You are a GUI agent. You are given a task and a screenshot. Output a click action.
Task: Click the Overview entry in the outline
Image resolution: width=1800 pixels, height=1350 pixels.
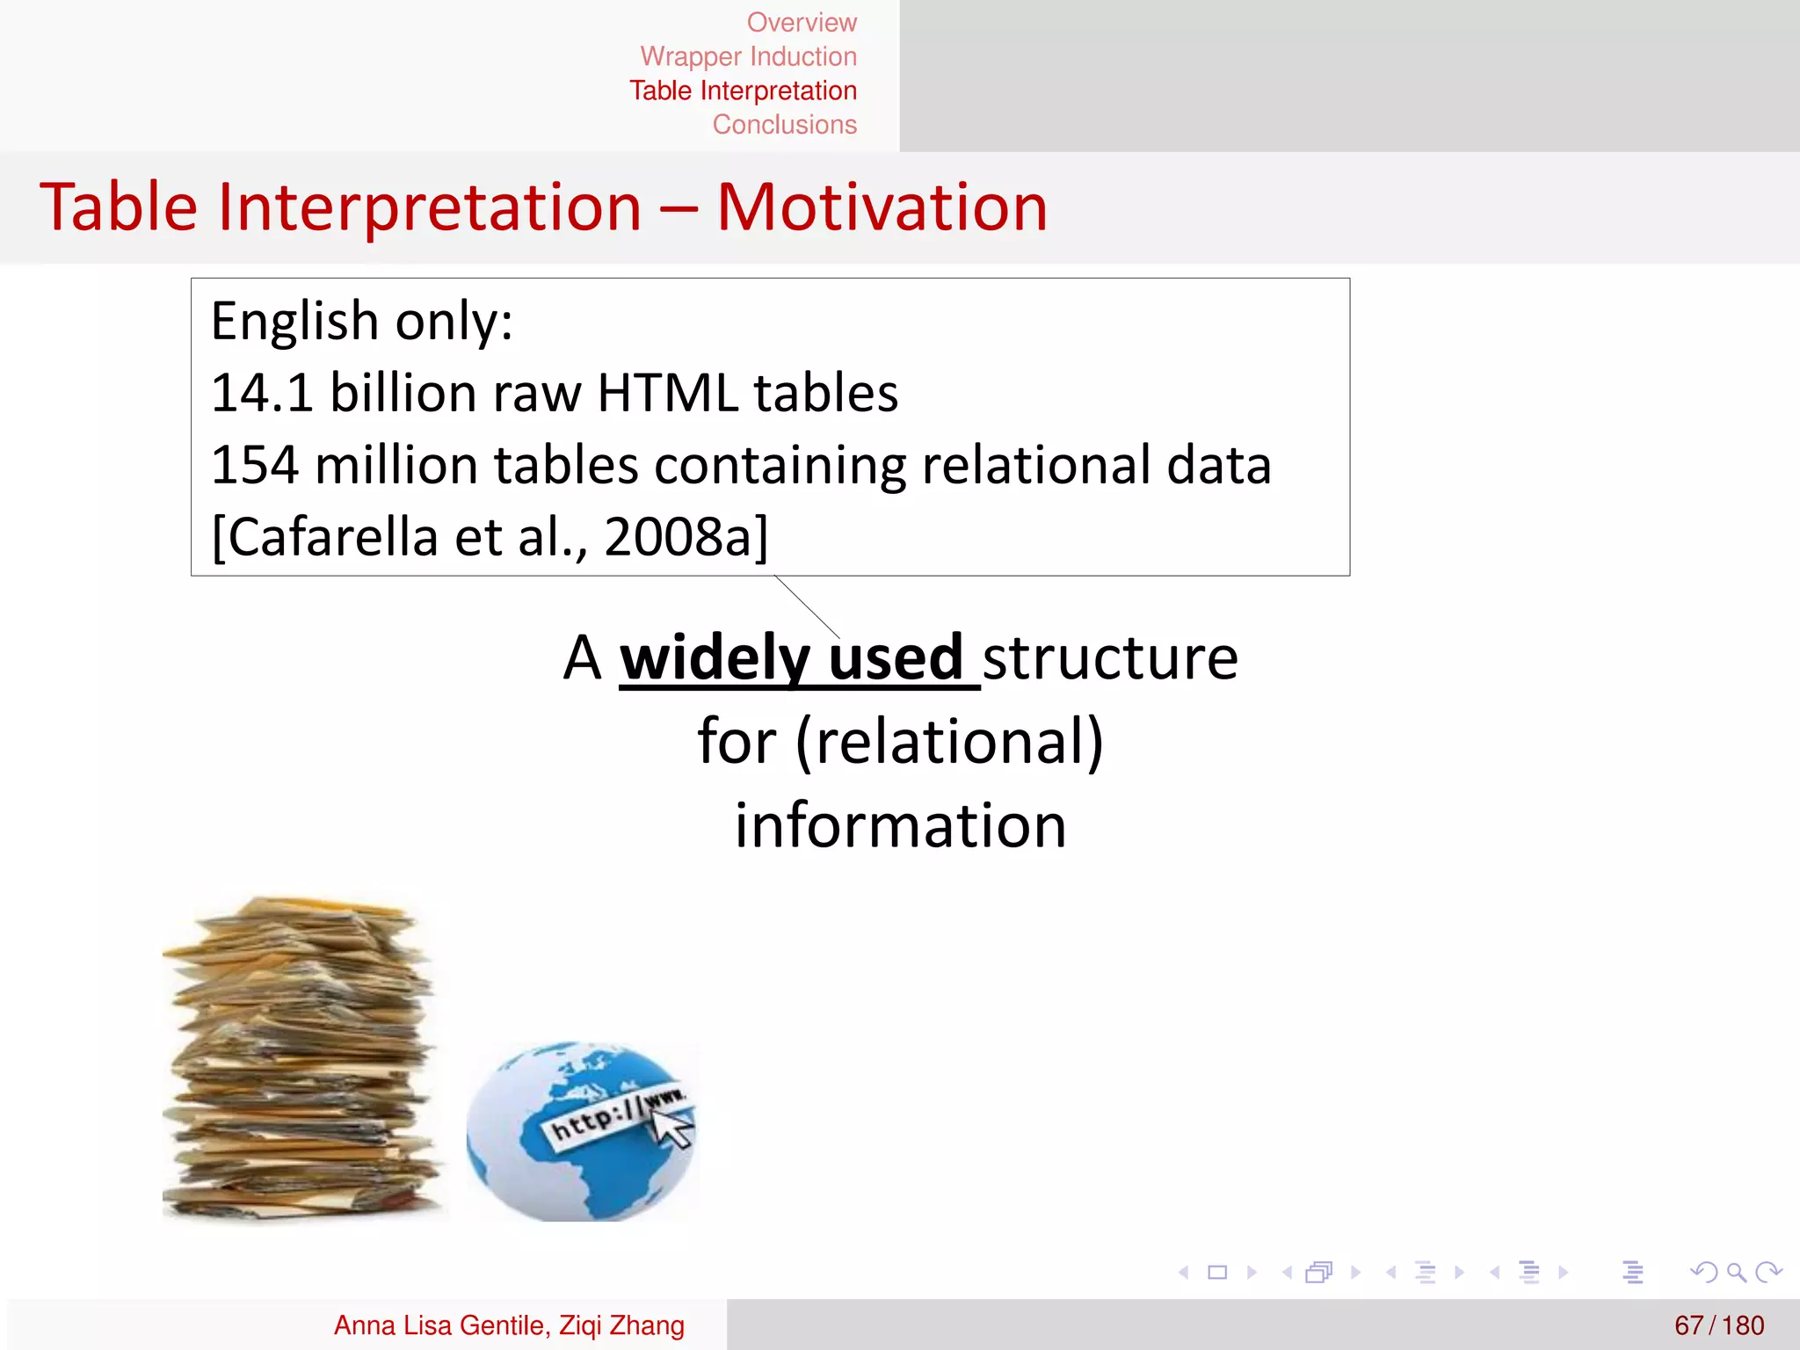pos(801,22)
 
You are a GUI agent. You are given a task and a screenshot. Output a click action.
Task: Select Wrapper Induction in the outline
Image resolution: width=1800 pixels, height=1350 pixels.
pos(748,56)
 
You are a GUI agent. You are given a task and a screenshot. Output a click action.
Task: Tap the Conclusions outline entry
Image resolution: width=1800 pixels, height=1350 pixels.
pos(784,125)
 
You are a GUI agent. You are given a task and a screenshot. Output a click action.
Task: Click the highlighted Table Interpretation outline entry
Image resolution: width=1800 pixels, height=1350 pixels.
pos(743,91)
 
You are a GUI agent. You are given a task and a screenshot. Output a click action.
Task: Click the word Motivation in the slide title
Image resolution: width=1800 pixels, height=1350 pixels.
pos(882,207)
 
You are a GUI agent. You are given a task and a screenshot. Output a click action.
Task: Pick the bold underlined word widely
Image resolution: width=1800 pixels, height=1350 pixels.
pos(715,657)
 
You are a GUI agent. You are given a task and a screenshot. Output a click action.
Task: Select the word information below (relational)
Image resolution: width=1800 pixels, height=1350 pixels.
pos(900,826)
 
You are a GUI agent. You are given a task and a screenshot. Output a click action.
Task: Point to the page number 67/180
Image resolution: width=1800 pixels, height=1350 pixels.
pos(1718,1325)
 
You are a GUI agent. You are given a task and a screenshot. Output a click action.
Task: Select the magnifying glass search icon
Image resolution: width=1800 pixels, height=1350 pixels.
pos(1736,1272)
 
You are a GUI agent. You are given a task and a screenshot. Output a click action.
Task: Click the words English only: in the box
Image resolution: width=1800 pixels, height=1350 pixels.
pos(361,321)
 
